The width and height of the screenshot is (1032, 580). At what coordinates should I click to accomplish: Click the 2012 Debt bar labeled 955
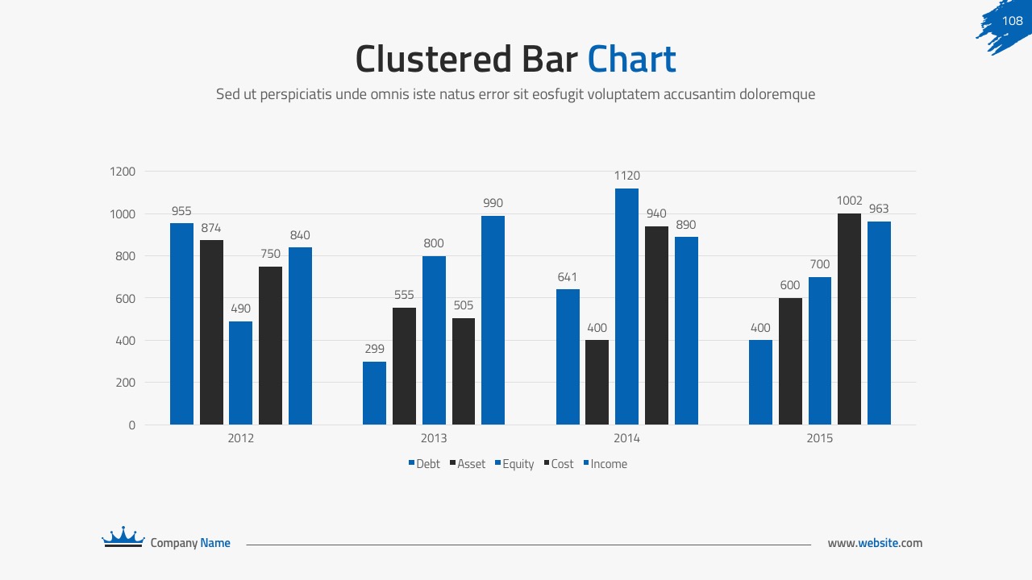(x=181, y=323)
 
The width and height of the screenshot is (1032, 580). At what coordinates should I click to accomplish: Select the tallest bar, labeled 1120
(x=626, y=306)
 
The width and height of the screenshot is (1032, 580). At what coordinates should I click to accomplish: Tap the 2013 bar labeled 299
(x=374, y=393)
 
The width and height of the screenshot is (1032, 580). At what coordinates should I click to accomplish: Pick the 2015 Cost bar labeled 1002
(x=849, y=319)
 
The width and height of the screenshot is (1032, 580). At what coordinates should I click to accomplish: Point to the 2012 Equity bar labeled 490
(x=240, y=373)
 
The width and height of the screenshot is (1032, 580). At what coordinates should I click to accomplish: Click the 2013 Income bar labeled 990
(x=493, y=320)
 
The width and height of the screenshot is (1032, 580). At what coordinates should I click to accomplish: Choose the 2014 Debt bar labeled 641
(x=568, y=357)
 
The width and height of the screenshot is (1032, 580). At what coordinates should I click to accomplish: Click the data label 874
(x=211, y=228)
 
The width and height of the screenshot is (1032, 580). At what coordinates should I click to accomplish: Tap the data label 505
(x=463, y=306)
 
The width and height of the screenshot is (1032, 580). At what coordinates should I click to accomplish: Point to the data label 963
(x=879, y=209)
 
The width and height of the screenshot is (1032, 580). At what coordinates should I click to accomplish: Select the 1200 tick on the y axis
(x=123, y=172)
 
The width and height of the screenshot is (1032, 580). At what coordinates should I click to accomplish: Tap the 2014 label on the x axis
(x=626, y=438)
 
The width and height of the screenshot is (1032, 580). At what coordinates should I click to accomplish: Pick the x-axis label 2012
(x=240, y=438)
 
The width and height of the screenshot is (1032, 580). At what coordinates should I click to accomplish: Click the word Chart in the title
(x=631, y=59)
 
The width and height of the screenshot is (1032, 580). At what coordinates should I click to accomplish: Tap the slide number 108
(x=1012, y=22)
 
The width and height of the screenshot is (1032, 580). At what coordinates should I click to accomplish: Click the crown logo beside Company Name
(x=123, y=537)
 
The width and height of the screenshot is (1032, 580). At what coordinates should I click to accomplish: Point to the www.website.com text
(x=875, y=543)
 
